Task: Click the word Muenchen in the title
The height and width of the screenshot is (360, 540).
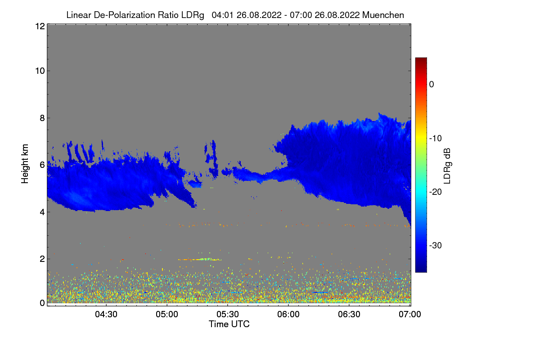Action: [383, 15]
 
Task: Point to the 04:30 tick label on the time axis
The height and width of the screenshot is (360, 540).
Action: [106, 314]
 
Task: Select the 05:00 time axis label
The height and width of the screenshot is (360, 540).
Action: [167, 314]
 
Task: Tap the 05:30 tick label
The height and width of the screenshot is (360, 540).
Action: [228, 314]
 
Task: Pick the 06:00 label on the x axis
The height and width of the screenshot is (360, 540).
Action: [288, 314]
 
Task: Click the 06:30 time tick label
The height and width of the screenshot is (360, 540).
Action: [349, 314]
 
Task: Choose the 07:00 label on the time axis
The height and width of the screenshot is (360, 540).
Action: [410, 314]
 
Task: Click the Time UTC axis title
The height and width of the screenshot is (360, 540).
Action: [229, 324]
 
